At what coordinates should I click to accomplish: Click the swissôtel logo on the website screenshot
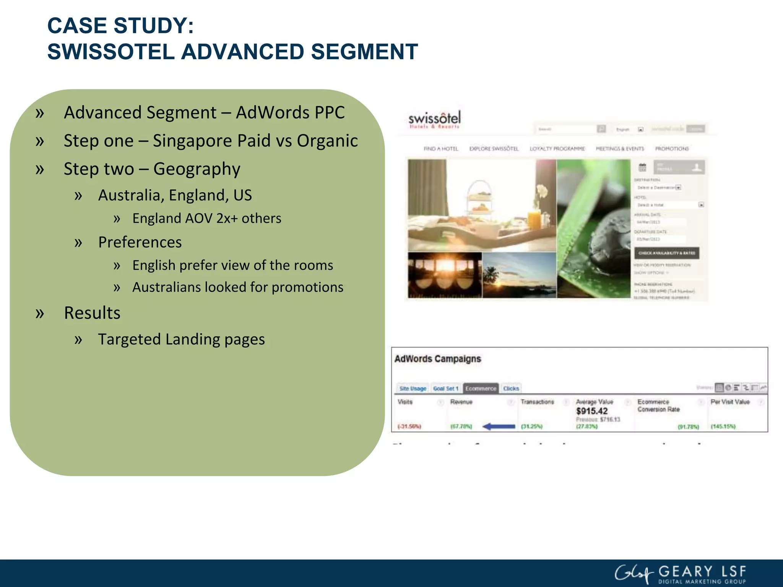tap(434, 120)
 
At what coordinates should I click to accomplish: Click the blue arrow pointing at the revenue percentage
tap(499, 426)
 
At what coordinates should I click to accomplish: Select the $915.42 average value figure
tap(591, 411)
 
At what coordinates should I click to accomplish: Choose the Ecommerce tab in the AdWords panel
tap(480, 388)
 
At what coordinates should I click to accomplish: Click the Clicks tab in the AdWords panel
tap(511, 388)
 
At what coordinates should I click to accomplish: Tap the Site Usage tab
tap(413, 388)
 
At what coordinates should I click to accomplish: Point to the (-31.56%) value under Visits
tap(409, 426)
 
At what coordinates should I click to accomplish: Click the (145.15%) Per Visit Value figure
tap(723, 426)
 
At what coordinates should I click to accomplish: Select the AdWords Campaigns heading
tap(437, 359)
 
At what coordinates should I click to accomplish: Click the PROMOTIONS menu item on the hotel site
tap(672, 149)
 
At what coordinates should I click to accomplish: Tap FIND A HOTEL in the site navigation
tap(440, 149)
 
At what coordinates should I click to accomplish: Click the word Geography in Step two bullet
tap(197, 169)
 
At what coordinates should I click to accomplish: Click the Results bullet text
tap(92, 313)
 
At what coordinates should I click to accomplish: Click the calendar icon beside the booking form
tap(642, 167)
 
